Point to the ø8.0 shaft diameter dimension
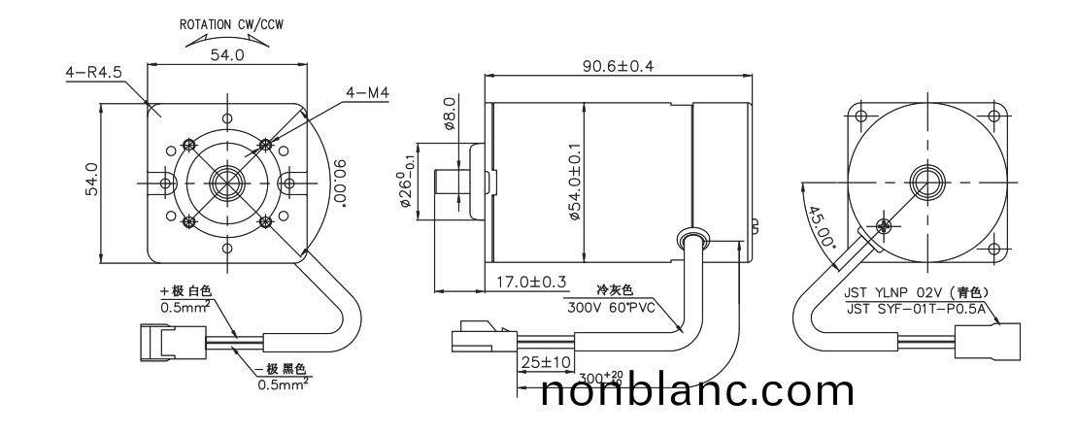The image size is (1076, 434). (x=449, y=114)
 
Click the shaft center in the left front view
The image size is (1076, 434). (x=226, y=183)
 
